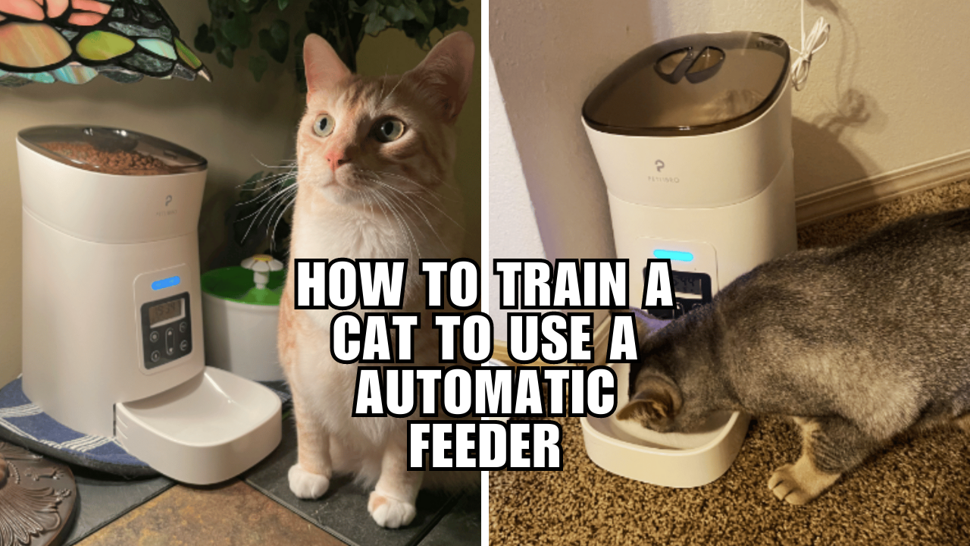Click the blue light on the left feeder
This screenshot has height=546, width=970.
(165, 283)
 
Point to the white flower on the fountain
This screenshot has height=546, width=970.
(261, 265)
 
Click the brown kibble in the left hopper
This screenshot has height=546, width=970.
(106, 156)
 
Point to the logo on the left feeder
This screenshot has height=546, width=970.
(168, 202)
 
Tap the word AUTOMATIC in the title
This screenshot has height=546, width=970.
(485, 392)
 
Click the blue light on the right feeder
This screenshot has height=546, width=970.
(673, 256)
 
